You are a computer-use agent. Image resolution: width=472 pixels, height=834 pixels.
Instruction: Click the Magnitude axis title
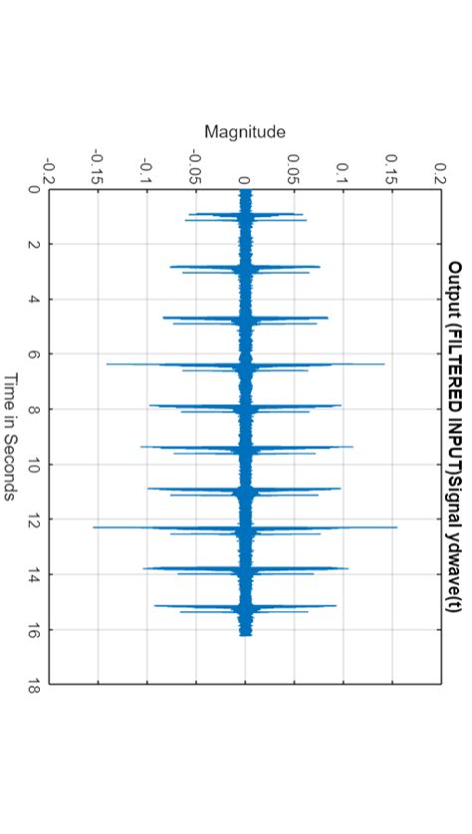245,131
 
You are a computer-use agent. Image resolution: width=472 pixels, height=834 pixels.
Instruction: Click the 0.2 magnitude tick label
440,169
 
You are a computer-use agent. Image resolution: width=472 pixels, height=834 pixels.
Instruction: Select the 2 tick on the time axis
36,244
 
